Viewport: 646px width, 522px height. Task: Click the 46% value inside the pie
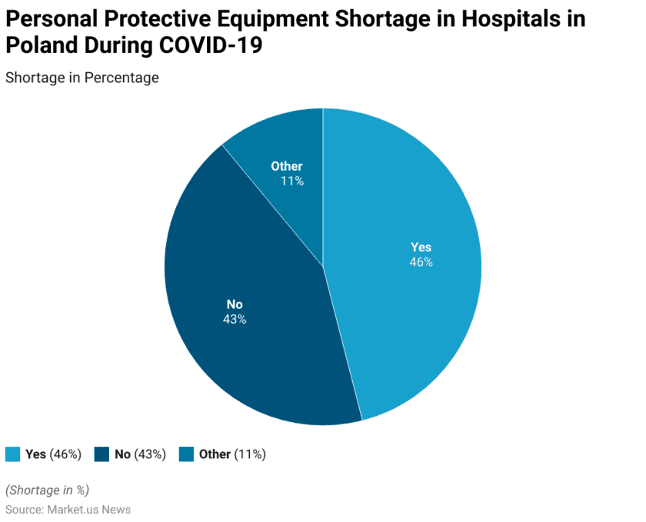421,262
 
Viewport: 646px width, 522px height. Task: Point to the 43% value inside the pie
235,319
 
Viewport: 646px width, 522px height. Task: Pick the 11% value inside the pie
291,181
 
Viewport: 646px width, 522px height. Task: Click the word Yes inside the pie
421,247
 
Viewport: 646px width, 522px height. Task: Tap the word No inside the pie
235,304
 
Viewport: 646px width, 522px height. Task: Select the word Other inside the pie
287,166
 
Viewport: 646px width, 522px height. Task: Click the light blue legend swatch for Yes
12,454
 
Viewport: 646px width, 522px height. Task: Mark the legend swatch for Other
186,454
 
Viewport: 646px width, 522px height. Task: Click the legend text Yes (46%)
53,454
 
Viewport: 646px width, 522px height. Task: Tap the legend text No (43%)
140,454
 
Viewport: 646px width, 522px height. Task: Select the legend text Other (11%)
232,454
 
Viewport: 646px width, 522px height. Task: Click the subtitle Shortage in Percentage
82,78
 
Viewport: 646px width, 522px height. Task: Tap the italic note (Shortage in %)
48,490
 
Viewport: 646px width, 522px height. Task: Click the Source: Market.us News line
68,510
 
